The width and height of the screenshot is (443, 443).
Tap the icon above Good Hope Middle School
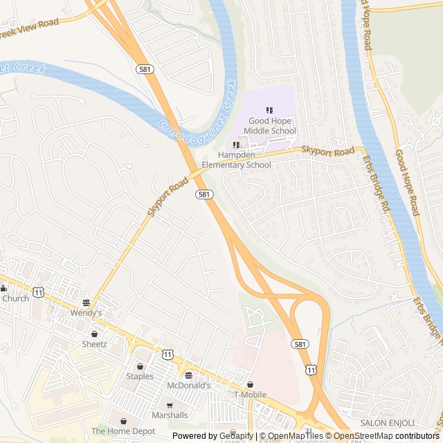269,110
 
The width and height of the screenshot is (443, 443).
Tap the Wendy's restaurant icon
86,302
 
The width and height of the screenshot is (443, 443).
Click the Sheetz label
94,344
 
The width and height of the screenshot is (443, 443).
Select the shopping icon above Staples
140,366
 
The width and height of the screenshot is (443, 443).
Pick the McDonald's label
188,386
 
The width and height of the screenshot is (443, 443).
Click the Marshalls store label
169,415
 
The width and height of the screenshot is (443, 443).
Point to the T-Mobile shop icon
250,384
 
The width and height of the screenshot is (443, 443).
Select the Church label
15,298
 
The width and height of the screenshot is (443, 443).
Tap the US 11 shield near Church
38,293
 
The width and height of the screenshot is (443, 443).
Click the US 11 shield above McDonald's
168,354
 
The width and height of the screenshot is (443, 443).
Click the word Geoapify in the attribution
236,436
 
